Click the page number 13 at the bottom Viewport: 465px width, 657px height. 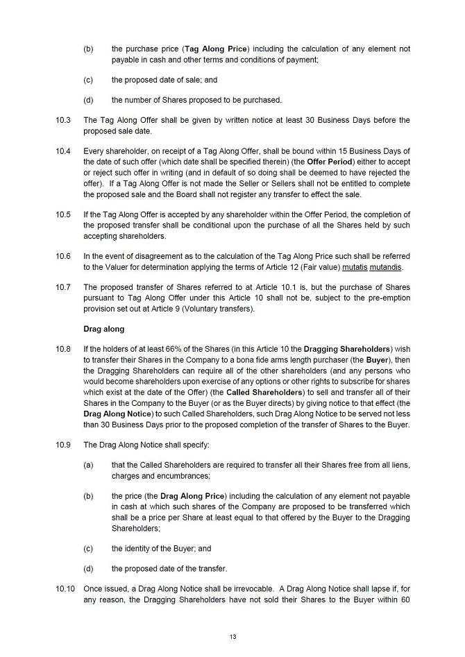click(x=232, y=635)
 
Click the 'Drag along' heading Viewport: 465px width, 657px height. click(x=104, y=329)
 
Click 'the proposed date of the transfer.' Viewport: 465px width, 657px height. click(x=169, y=569)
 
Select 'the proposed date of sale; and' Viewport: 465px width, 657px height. click(x=164, y=80)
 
